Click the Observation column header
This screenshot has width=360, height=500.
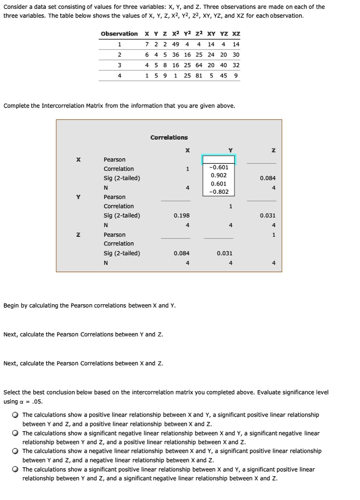(x=119, y=34)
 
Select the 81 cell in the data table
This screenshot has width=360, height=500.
(x=199, y=76)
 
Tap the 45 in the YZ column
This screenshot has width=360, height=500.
(x=224, y=76)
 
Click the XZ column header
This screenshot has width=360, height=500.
(x=236, y=34)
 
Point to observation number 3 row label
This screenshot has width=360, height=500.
(x=119, y=65)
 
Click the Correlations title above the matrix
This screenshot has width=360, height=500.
(x=169, y=138)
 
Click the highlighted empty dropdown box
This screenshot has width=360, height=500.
(x=219, y=160)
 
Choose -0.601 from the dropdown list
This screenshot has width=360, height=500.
(x=219, y=167)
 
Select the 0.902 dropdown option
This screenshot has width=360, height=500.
(x=219, y=175)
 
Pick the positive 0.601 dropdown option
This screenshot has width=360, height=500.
(x=219, y=184)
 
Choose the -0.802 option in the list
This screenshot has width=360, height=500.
(x=219, y=191)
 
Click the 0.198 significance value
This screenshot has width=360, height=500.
(x=182, y=215)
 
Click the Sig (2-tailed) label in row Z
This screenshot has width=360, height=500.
(x=122, y=253)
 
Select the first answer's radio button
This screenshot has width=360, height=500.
(x=16, y=415)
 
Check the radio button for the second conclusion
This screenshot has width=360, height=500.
(x=16, y=433)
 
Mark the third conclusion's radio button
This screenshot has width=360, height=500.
(x=16, y=451)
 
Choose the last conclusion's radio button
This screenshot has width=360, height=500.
(x=16, y=469)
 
